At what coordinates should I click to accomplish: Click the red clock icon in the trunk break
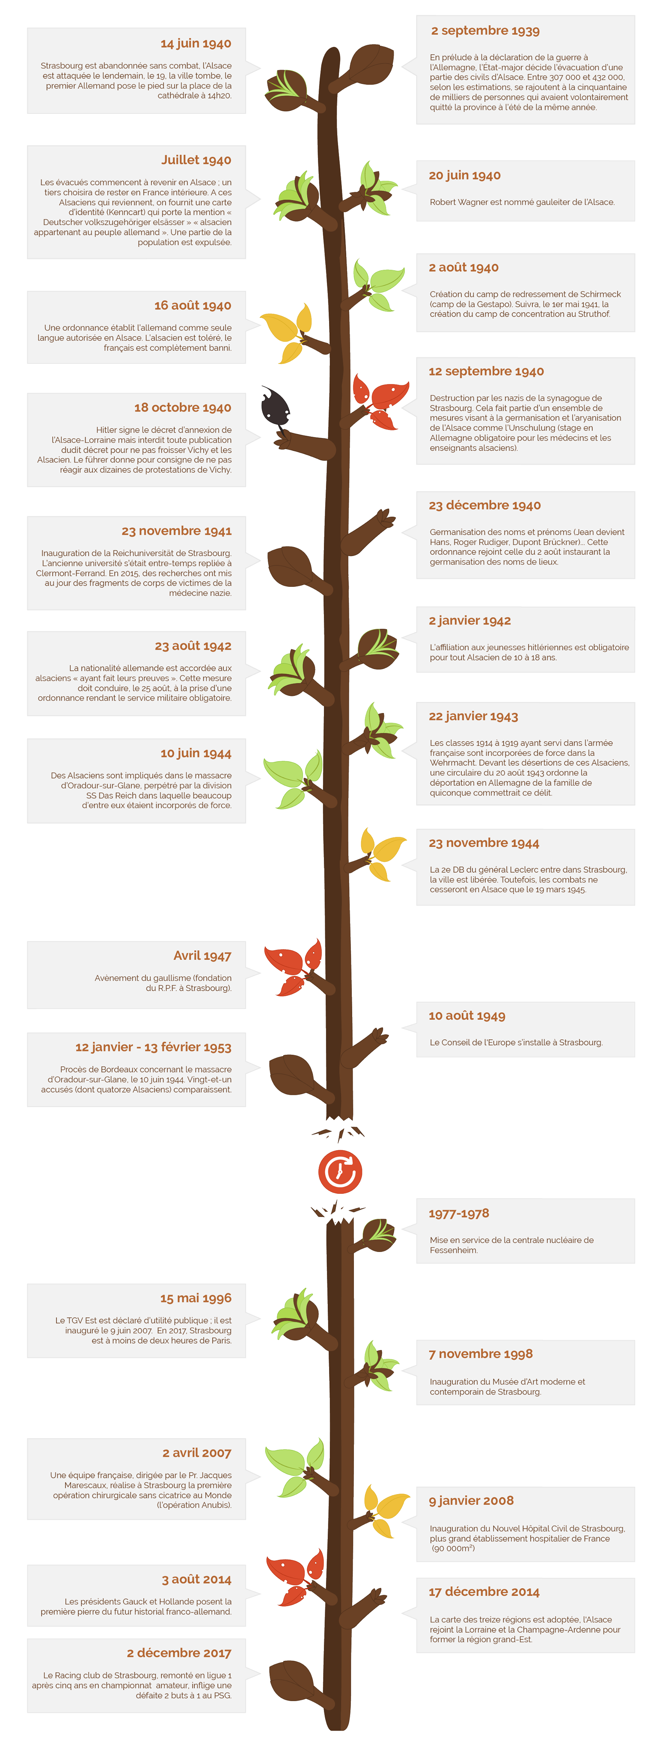click(340, 1171)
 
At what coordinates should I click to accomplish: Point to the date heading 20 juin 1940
click(464, 175)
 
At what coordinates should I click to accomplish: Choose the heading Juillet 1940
click(196, 160)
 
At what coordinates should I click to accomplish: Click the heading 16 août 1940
click(193, 305)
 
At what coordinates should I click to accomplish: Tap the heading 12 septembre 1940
click(486, 371)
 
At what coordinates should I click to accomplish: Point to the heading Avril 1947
click(202, 956)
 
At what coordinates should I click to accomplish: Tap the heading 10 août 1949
click(466, 1015)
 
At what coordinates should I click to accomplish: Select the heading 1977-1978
click(459, 1213)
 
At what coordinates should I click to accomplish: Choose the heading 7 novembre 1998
click(481, 1353)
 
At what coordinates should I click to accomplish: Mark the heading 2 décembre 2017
click(179, 1653)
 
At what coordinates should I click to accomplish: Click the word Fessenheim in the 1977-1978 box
click(453, 1250)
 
